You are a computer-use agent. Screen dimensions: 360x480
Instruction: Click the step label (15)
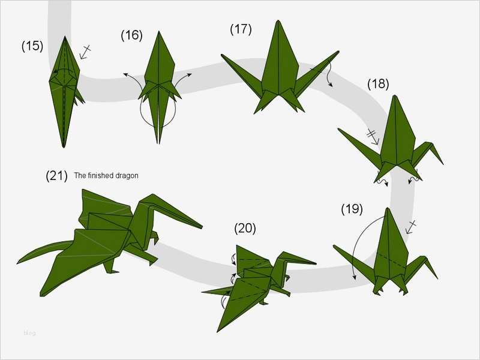pos(32,46)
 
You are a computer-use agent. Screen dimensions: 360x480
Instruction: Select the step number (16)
pos(131,35)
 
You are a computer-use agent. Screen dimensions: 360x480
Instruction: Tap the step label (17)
pos(241,29)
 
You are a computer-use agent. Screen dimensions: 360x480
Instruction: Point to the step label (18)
pos(378,84)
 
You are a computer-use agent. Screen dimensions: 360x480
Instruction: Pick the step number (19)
pos(352,209)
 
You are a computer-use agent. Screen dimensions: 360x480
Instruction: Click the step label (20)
pos(245,228)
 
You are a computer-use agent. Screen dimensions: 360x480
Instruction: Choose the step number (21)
pos(56,176)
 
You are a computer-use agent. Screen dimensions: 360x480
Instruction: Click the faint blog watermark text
pos(29,332)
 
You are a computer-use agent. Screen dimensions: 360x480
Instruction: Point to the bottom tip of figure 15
pos(64,146)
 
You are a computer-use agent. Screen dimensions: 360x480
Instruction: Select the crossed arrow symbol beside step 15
pos(86,52)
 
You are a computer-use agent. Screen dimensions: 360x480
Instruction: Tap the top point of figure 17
pos(278,22)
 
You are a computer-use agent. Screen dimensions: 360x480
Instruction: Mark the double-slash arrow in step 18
pos(373,136)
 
